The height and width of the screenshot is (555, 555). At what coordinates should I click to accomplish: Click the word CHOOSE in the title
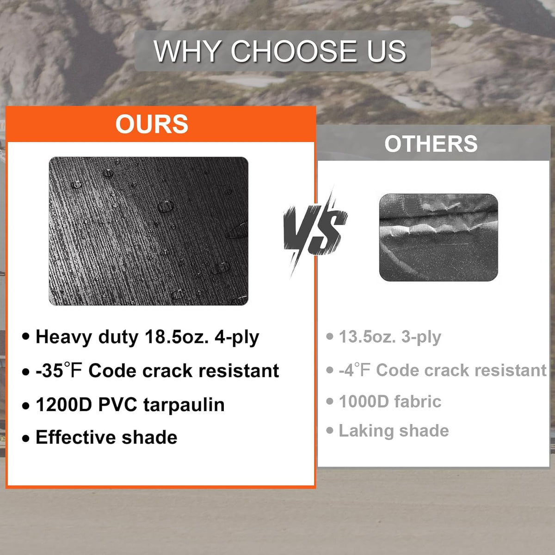[x=294, y=51]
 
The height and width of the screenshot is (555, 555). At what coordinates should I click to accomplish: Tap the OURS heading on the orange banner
[x=152, y=124]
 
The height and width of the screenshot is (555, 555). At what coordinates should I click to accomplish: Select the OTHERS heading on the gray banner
[x=431, y=144]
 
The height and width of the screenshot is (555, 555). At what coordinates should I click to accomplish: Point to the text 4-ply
[x=237, y=337]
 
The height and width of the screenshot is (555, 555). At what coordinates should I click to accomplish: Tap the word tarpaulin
[x=184, y=405]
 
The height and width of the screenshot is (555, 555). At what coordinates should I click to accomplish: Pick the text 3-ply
[x=421, y=337]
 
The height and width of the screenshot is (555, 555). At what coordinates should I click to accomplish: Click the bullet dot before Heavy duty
[x=25, y=337]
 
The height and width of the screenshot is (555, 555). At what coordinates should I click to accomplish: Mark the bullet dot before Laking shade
[x=330, y=431]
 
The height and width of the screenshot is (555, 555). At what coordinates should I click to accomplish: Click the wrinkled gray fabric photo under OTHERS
[x=438, y=237]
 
